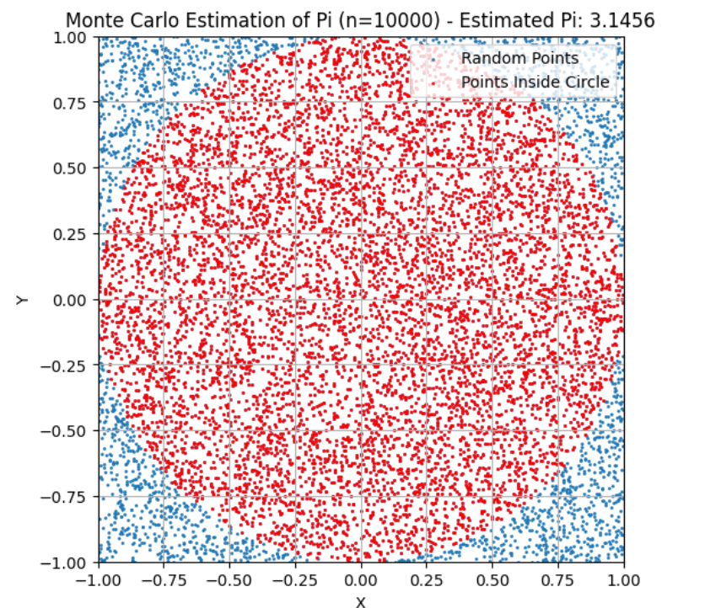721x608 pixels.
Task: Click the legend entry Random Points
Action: (x=519, y=58)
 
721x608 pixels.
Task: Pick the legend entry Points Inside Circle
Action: (x=535, y=82)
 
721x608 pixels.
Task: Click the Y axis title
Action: (x=23, y=300)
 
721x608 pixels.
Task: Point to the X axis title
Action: (x=361, y=600)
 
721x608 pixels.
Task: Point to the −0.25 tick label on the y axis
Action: (x=68, y=365)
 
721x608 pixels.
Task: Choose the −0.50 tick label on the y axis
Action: (x=68, y=431)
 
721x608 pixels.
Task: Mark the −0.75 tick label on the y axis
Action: (x=68, y=497)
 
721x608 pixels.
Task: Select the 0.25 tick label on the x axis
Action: (x=427, y=579)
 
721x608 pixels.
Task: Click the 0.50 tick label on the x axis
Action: (x=492, y=579)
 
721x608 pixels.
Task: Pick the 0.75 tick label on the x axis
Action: (x=558, y=579)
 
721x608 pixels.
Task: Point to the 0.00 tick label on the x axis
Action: (x=361, y=579)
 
